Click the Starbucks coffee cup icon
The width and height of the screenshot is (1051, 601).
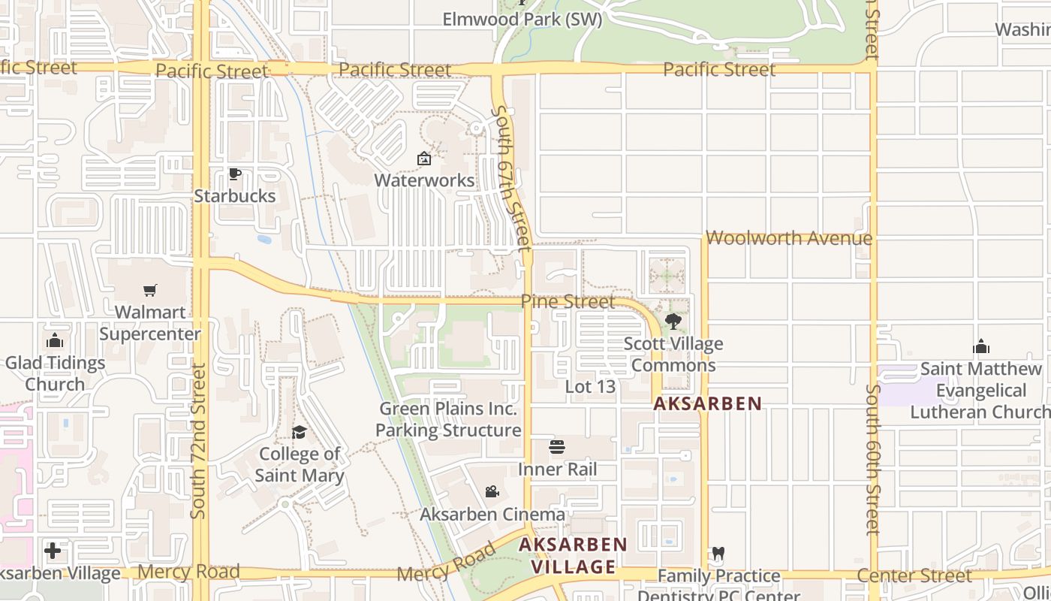pos(234,174)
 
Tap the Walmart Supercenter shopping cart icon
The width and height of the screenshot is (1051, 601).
pos(149,290)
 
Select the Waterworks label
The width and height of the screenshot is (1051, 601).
pos(424,180)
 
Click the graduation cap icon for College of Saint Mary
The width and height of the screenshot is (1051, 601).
pos(299,432)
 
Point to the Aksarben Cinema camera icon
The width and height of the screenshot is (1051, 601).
pos(492,492)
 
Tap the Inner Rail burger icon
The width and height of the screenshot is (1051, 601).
pos(557,447)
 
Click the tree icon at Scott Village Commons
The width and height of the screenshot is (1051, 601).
pos(673,322)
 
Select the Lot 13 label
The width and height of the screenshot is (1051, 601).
pos(590,387)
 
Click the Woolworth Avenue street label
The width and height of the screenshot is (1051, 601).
pos(789,239)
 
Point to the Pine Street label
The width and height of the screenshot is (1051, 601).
pos(568,301)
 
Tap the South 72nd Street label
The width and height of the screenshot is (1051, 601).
pos(198,441)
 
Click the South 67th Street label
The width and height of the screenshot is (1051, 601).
pos(510,177)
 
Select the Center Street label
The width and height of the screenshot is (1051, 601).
pos(914,576)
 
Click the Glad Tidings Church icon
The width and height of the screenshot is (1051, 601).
pos(54,341)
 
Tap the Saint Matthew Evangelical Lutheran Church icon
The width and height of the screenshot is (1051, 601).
pos(980,346)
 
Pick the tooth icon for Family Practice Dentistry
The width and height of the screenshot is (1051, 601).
pos(718,554)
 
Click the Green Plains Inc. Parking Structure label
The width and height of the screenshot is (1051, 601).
pos(448,420)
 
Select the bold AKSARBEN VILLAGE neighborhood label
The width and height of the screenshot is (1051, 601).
pos(573,555)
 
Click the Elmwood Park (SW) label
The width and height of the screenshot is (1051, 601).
pos(522,20)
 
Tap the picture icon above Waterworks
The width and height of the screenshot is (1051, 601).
pos(424,159)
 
